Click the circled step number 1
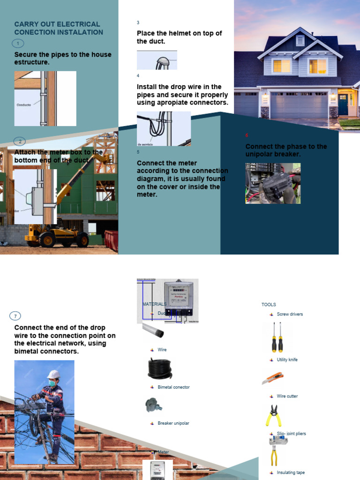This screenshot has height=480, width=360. (x=18, y=44)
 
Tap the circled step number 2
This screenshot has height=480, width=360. (x=20, y=141)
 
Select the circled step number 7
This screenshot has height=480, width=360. (x=15, y=316)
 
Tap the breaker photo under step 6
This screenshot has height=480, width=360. (x=273, y=183)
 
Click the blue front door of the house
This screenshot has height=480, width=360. (x=343, y=105)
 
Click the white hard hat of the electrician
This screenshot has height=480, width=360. (x=53, y=375)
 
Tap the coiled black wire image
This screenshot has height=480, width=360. (x=160, y=368)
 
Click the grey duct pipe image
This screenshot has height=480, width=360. (x=153, y=330)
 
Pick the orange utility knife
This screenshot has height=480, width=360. (x=273, y=378)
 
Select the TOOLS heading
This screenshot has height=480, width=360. (x=269, y=305)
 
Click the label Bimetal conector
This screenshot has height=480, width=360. (x=173, y=387)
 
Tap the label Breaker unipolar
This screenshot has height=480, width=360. (x=173, y=423)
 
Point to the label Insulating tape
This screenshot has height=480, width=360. (x=291, y=472)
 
